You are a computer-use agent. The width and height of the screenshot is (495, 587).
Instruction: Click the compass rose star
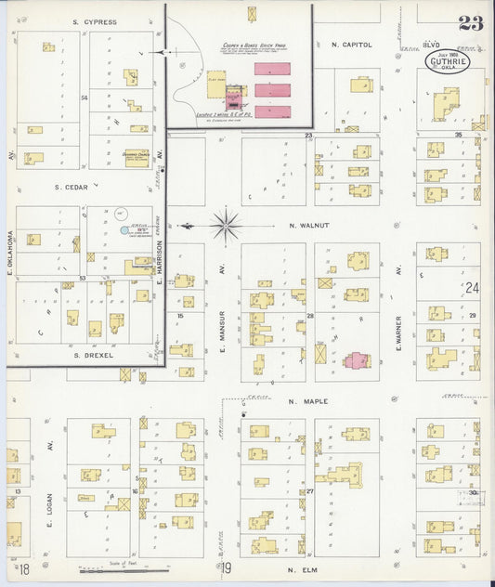click(x=226, y=225)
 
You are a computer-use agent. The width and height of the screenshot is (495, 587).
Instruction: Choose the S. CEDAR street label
click(x=71, y=187)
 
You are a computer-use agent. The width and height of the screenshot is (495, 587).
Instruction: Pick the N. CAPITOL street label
click(x=351, y=44)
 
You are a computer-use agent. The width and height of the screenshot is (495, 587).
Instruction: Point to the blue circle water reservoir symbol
click(x=123, y=229)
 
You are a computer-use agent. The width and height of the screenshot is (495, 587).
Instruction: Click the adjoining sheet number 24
click(x=473, y=288)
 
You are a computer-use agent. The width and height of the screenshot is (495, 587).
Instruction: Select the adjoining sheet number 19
click(x=225, y=568)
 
